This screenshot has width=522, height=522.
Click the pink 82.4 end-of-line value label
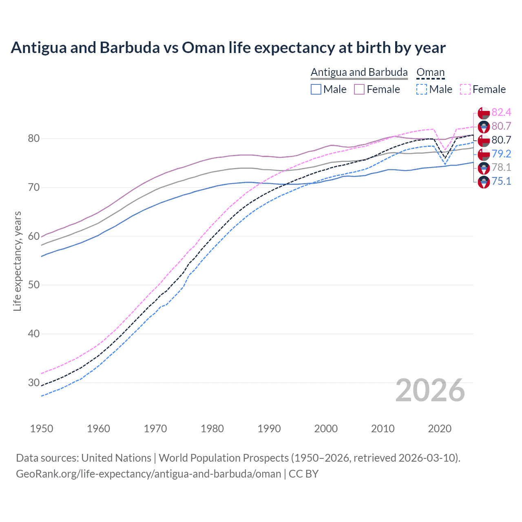coord(501,112)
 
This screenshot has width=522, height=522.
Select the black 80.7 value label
coord(501,140)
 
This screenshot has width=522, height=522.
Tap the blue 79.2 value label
coord(501,154)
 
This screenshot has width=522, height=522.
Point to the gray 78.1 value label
coord(501,167)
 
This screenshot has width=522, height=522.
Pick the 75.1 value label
coord(501,181)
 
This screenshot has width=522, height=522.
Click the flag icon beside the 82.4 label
coord(484,113)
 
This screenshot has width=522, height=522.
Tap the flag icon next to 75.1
coord(484,182)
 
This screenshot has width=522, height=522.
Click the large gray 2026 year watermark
coord(430,390)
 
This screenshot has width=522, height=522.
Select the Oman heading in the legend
coord(430,73)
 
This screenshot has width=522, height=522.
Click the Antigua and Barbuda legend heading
coord(359,73)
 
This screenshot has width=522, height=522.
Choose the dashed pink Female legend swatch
coord(465,89)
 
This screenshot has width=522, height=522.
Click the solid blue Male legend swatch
coord(316,89)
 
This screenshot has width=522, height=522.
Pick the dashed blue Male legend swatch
coord(422,89)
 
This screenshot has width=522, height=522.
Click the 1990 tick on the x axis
coord(269,429)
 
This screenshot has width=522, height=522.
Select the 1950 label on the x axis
coord(42,429)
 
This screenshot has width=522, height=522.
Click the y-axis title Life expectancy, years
coord(17,261)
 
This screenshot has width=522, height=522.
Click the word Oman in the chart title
coord(203,48)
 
